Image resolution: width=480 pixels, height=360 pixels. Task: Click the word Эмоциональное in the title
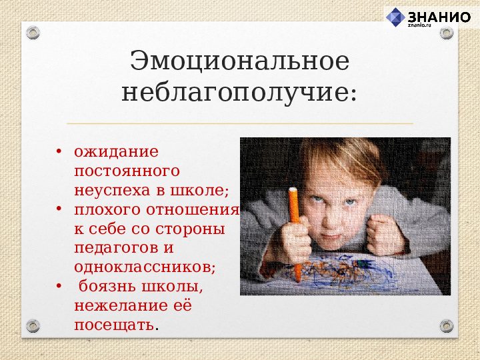pyautogui.click(x=239, y=61)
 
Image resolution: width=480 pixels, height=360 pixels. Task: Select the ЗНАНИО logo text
pyautogui.click(x=438, y=17)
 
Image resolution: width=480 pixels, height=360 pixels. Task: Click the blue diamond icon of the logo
pyautogui.click(x=396, y=17)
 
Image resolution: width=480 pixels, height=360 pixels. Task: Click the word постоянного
pyautogui.click(x=127, y=171)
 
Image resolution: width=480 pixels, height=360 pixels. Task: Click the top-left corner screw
pyautogui.click(x=34, y=32)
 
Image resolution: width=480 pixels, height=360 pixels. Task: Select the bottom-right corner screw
pyautogui.click(x=446, y=326)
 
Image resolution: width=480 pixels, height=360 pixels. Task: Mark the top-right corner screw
pyautogui.click(x=446, y=33)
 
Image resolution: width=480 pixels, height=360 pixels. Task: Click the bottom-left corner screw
pyautogui.click(x=34, y=326)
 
